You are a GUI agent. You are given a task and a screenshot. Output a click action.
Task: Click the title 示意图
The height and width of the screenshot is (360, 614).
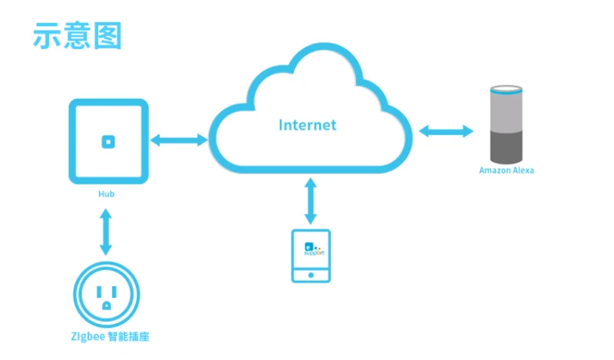coord(77,35)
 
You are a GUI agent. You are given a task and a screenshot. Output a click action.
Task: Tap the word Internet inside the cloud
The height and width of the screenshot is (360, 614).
coord(307,124)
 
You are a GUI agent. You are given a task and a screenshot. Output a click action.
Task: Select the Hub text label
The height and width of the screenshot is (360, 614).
coord(107,194)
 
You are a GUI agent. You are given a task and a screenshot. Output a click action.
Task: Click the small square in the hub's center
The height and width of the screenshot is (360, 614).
coord(108,140)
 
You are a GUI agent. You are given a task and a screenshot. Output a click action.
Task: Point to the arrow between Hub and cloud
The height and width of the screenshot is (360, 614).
coord(179,140)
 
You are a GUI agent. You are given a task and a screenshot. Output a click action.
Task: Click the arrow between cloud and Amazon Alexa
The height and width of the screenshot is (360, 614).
coord(446,131)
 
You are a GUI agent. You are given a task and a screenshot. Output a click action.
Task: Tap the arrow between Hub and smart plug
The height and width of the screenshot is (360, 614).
coord(107,233)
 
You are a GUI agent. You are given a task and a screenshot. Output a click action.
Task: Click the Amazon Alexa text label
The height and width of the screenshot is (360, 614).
coord(506,170)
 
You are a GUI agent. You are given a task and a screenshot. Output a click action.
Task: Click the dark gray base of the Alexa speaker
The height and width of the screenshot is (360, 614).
coord(507,144)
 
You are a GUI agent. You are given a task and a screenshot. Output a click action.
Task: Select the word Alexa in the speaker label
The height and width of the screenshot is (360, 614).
coord(522,170)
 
